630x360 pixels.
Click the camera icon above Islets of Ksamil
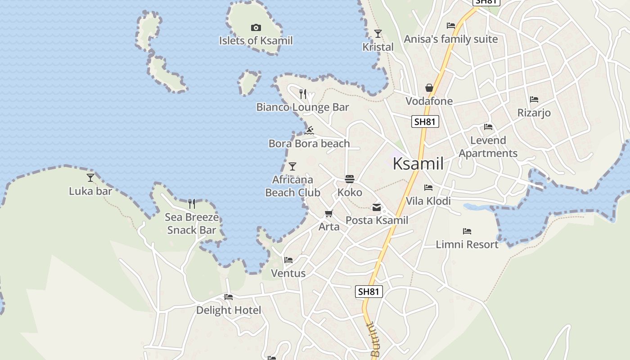pyautogui.click(x=256, y=28)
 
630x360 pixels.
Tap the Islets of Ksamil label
pyautogui.click(x=256, y=40)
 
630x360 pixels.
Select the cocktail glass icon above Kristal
pyautogui.click(x=378, y=34)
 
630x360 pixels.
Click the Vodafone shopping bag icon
pyautogui.click(x=429, y=87)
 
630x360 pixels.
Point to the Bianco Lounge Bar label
pyautogui.click(x=302, y=107)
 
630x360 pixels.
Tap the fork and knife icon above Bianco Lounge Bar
pyautogui.click(x=303, y=94)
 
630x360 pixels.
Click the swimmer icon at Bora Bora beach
pyautogui.click(x=309, y=130)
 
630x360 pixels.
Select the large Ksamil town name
pyautogui.click(x=418, y=163)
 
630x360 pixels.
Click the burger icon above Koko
pyautogui.click(x=350, y=179)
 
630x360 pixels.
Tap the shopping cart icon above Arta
pyautogui.click(x=329, y=213)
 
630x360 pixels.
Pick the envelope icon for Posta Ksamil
pyautogui.click(x=377, y=207)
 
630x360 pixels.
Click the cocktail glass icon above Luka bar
pyautogui.click(x=90, y=178)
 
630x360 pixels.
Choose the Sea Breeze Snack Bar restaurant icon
pyautogui.click(x=192, y=204)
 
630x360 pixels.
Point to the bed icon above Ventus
pyautogui.click(x=288, y=260)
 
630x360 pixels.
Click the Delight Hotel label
pyautogui.click(x=228, y=310)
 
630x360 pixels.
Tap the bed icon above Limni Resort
pyautogui.click(x=467, y=231)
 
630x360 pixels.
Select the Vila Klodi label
pyautogui.click(x=428, y=201)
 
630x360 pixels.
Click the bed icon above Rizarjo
pyautogui.click(x=534, y=99)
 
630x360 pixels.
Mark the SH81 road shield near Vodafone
pyautogui.click(x=425, y=121)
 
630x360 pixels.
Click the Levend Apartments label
pyautogui.click(x=488, y=147)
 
